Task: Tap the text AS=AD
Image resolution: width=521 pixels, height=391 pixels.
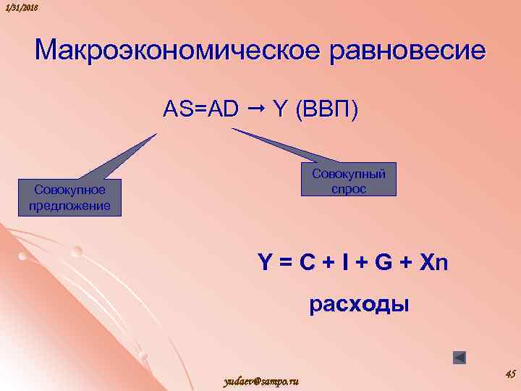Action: [x=200, y=109]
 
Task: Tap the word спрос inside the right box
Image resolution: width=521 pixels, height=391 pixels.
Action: [x=349, y=188]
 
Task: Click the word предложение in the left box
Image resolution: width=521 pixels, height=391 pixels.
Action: [x=70, y=206]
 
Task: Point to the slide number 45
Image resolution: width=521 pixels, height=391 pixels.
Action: [x=509, y=374]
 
